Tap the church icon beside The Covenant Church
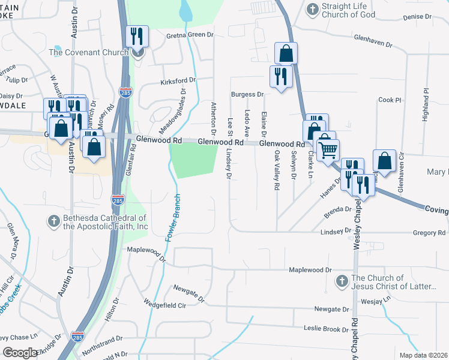138,53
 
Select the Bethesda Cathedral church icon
53,221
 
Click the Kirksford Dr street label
178,80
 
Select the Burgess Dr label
247,94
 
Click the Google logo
20,352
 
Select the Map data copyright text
423,355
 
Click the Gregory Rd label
429,233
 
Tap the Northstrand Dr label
102,340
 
